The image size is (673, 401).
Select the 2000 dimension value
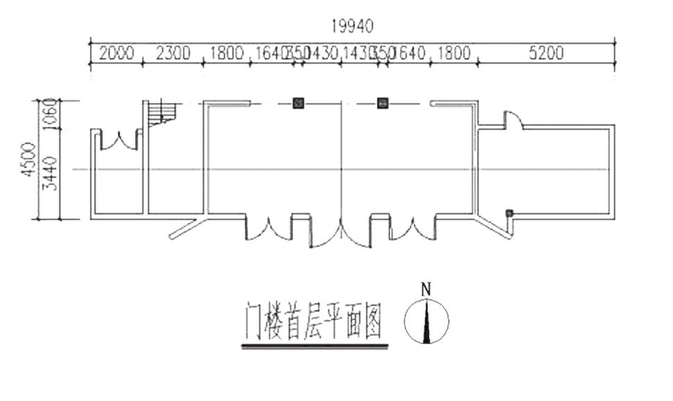coord(116,53)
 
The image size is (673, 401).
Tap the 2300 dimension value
coord(173,53)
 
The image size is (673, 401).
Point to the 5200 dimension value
coord(546,53)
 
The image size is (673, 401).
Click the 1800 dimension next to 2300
coord(227,53)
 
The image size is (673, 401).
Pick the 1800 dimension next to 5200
coord(453,53)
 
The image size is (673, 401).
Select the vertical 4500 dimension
coord(28,160)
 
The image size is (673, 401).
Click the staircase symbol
coord(161,113)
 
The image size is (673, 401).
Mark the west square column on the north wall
coord(298,103)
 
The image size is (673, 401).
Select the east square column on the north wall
coord(382,103)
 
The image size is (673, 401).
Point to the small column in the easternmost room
coord(509,213)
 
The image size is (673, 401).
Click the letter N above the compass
coord(426,289)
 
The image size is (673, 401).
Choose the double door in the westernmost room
coord(119,139)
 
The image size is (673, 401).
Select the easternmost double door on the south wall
coord(413,229)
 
